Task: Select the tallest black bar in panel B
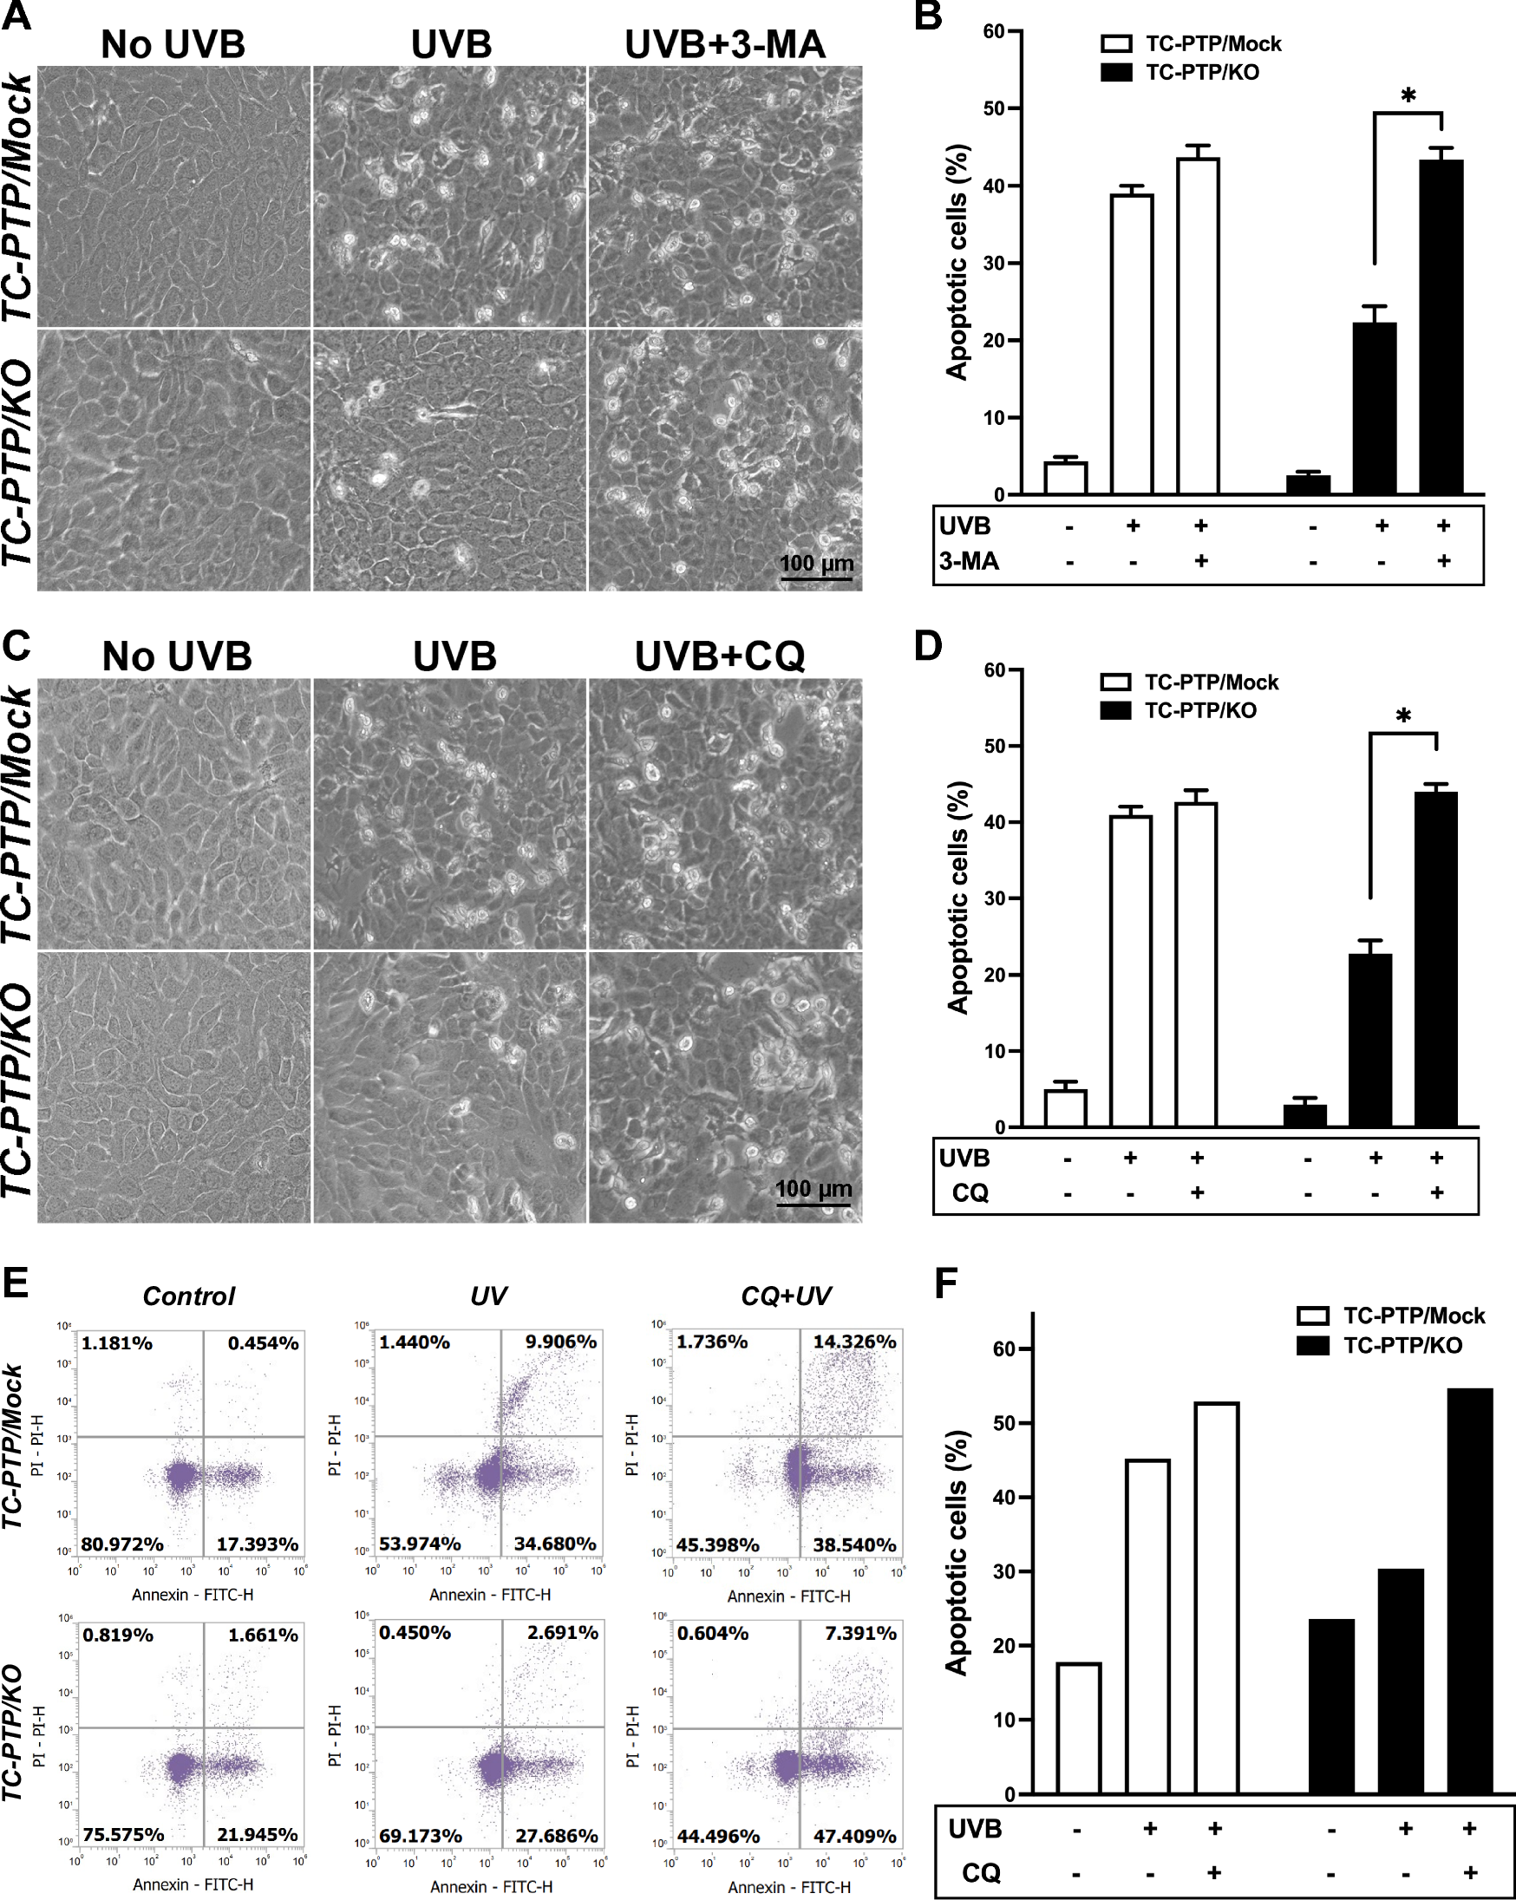(1442, 326)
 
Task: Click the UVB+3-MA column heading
(724, 44)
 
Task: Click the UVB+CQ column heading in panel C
(720, 656)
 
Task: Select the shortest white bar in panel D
(1066, 1108)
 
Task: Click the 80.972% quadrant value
(122, 1544)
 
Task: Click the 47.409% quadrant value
(854, 1837)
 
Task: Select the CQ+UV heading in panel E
(786, 1296)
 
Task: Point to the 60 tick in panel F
(1005, 1349)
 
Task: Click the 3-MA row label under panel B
(969, 561)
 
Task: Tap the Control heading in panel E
(188, 1296)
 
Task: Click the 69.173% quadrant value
(421, 1836)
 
